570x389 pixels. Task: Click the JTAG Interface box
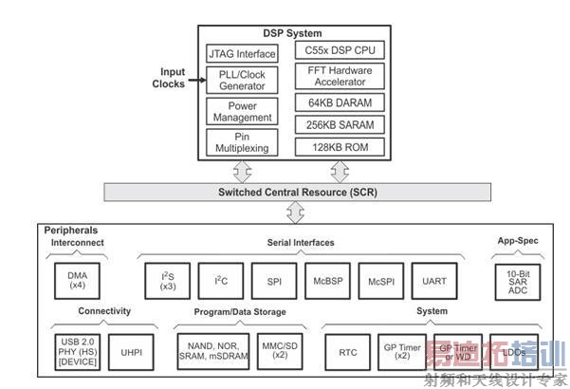pyautogui.click(x=242, y=54)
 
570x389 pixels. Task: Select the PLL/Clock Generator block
pyautogui.click(x=242, y=80)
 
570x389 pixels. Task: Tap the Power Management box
pyautogui.click(x=242, y=112)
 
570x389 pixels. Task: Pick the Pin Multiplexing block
pyautogui.click(x=242, y=142)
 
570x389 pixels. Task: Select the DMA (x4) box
pyautogui.click(x=77, y=279)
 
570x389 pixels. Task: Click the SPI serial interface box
pyautogui.click(x=273, y=281)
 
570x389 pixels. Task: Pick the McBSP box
pyautogui.click(x=327, y=281)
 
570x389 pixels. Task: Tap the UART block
pyautogui.click(x=435, y=281)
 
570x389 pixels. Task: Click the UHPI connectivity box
pyautogui.click(x=131, y=351)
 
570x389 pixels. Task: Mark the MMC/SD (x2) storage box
pyautogui.click(x=280, y=350)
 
